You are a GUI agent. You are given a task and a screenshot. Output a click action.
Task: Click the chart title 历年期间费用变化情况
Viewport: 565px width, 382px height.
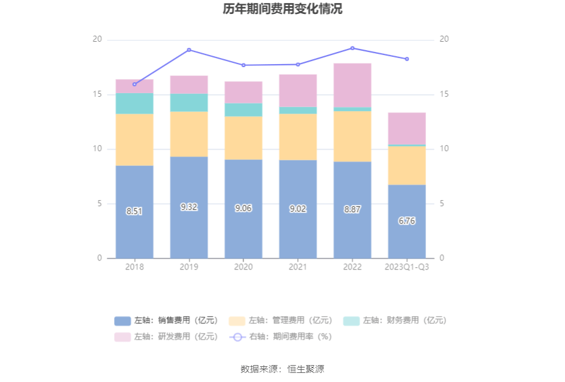(282, 9)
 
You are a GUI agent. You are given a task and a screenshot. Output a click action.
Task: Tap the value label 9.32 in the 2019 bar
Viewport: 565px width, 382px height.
(189, 207)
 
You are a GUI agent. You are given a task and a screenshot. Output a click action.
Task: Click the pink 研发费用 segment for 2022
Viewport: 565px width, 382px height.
(352, 85)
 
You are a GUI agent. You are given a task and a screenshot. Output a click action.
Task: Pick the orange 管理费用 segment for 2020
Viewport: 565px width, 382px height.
(244, 138)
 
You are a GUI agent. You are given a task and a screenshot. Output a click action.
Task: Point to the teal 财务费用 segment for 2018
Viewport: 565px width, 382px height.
(134, 103)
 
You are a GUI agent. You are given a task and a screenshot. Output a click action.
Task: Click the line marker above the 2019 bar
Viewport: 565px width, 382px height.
(189, 50)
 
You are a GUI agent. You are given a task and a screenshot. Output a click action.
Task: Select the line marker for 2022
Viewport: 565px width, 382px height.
(352, 48)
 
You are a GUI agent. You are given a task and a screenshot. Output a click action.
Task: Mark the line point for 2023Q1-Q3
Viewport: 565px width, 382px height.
(407, 59)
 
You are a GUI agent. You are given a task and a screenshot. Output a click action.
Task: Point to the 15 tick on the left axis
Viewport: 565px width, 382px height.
(97, 94)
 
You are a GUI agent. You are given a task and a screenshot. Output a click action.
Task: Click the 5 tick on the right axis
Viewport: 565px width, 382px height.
(443, 204)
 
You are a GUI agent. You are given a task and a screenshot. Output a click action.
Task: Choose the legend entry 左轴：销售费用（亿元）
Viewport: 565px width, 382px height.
(166, 320)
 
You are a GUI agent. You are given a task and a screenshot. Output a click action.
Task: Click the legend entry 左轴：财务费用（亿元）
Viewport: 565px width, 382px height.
(396, 320)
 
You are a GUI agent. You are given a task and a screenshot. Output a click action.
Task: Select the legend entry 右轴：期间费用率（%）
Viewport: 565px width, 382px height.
(281, 337)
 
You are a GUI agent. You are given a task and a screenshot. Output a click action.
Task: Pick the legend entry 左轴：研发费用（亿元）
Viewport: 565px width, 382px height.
(166, 337)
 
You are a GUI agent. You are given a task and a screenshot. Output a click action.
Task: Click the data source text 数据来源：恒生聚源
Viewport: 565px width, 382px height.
(282, 369)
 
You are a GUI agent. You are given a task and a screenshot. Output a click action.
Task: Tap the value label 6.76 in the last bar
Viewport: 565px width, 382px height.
(407, 221)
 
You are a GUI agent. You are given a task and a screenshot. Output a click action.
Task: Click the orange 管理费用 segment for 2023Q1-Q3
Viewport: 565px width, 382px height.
(407, 165)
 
